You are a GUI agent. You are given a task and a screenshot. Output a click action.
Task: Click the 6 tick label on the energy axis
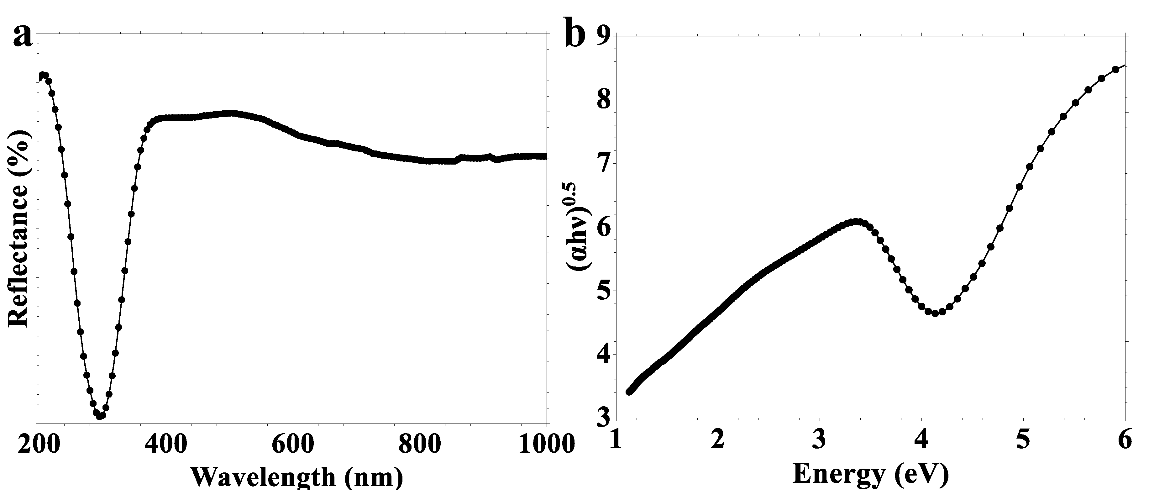1125,442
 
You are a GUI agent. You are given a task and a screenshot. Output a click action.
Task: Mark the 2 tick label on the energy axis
717,442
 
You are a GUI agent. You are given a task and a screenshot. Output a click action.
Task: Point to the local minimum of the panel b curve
935,313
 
